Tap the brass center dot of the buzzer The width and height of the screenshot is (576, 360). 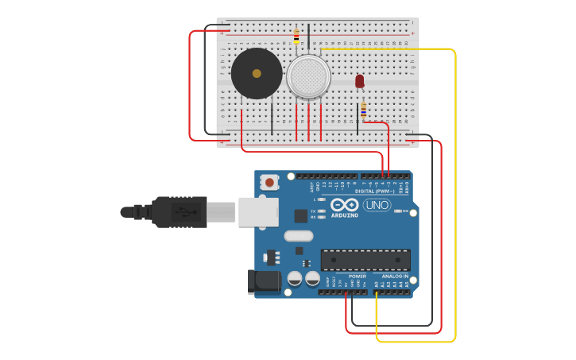[x=257, y=73]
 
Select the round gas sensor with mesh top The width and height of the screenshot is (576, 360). [x=309, y=76]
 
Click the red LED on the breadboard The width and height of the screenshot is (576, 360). [x=360, y=81]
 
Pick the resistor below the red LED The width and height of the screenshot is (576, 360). [x=364, y=110]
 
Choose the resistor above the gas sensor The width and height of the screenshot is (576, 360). [x=296, y=37]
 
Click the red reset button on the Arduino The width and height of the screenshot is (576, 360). [x=269, y=183]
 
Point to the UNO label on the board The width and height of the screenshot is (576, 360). [x=377, y=205]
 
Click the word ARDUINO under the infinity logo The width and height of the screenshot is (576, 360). [x=345, y=215]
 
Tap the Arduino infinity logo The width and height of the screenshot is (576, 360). [x=345, y=204]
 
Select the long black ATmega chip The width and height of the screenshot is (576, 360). [x=365, y=260]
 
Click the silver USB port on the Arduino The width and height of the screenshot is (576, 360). [x=258, y=212]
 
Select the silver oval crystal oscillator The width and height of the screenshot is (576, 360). [x=299, y=235]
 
